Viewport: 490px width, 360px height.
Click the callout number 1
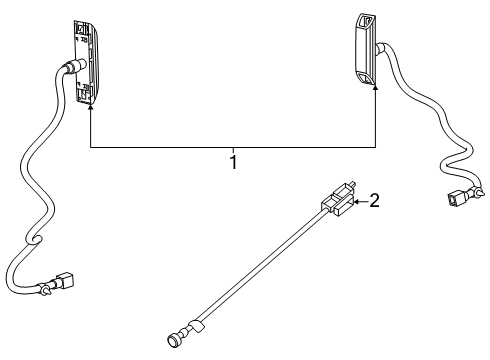click(x=233, y=161)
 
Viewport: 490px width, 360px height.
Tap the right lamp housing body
click(x=365, y=50)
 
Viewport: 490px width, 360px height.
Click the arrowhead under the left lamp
click(x=91, y=102)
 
